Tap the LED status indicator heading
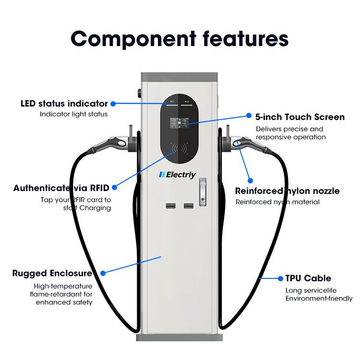64,104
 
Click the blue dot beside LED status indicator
113,104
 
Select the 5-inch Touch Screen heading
300,117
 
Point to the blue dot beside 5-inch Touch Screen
249,116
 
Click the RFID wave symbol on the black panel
180,148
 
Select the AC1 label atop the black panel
172,102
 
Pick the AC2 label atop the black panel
187,102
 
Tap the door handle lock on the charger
204,189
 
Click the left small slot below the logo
171,206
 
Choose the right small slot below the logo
188,206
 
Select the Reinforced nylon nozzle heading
287,191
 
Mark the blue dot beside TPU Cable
281,278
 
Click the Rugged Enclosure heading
52,274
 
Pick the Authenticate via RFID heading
61,188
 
